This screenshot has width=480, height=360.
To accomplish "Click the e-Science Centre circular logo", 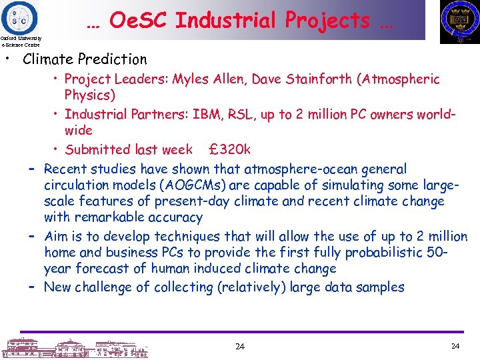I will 19,16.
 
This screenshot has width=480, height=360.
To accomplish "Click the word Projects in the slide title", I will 327,21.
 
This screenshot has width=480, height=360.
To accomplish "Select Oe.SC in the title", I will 138,21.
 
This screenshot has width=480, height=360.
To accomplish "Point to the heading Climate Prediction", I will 85,59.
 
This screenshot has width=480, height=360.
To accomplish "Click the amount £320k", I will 229,149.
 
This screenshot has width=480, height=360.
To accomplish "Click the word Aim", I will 56,237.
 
